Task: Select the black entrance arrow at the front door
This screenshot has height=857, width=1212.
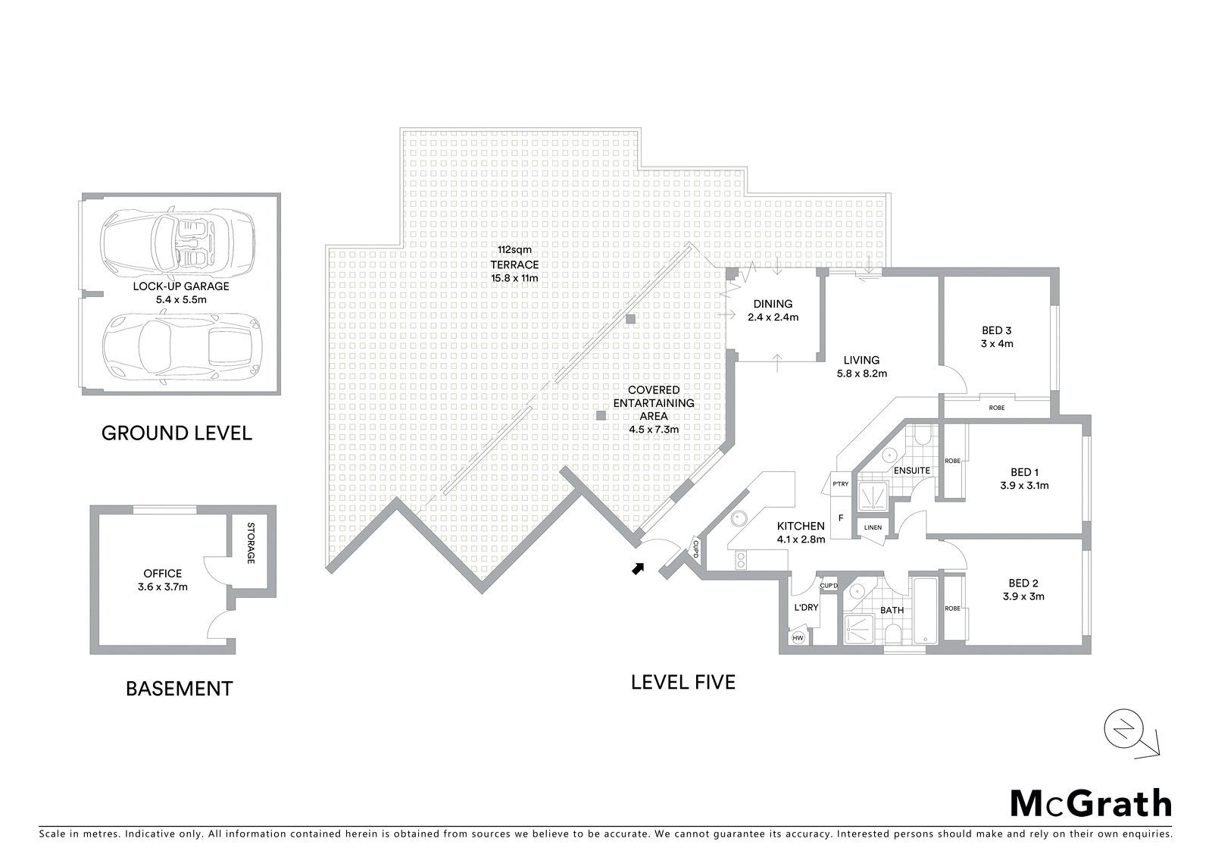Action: pos(639,568)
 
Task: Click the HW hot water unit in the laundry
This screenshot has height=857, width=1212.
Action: pos(798,638)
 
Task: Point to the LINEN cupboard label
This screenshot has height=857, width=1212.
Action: pos(873,527)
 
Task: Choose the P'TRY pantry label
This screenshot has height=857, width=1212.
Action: pos(840,484)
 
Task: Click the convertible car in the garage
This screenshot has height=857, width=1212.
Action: pos(177,240)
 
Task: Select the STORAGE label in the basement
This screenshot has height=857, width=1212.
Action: pos(251,543)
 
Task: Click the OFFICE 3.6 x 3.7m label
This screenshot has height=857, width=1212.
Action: pos(162,580)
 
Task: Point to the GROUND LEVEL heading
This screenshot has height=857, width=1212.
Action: pos(176,433)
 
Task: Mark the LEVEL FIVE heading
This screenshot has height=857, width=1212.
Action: pos(683,682)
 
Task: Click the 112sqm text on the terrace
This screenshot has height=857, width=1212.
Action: pos(514,250)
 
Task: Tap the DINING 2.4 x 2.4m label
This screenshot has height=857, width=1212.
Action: pos(773,311)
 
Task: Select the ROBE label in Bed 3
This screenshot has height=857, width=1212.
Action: pos(997,408)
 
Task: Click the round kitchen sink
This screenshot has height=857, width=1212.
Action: pos(739,518)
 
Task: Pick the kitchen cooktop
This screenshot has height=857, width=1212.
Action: pos(741,560)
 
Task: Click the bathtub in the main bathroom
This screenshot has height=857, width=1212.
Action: pos(925,611)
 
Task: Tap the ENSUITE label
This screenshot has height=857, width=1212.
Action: pos(912,471)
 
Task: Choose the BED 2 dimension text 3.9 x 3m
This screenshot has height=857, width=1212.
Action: pos(1023,596)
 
